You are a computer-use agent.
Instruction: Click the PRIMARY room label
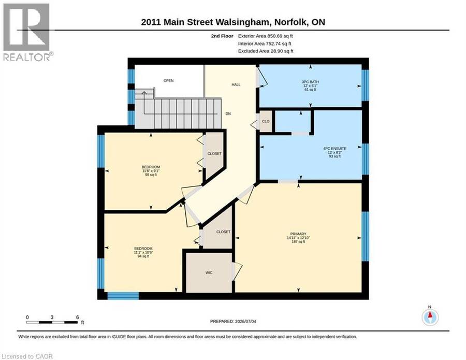click(298, 234)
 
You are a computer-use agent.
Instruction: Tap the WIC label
click(209, 272)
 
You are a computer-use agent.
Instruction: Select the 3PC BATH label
click(310, 82)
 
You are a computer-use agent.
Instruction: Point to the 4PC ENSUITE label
click(334, 148)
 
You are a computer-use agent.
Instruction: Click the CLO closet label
click(266, 121)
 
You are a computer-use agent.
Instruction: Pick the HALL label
click(236, 85)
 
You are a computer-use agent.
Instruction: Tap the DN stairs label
click(228, 113)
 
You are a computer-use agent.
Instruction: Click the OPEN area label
click(168, 81)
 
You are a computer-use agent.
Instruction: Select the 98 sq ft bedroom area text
click(151, 175)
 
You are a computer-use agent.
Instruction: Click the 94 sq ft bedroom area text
click(143, 256)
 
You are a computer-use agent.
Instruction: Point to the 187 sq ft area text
click(298, 242)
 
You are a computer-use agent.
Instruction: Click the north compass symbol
click(430, 316)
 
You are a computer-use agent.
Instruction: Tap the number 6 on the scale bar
click(77, 317)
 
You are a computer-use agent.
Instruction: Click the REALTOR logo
click(28, 32)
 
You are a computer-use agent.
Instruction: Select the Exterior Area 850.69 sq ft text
click(266, 36)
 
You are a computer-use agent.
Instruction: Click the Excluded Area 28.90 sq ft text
click(266, 51)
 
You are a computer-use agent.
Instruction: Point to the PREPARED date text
click(233, 321)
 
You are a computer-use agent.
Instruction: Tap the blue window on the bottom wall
click(123, 296)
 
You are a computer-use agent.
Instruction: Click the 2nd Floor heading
click(222, 36)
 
